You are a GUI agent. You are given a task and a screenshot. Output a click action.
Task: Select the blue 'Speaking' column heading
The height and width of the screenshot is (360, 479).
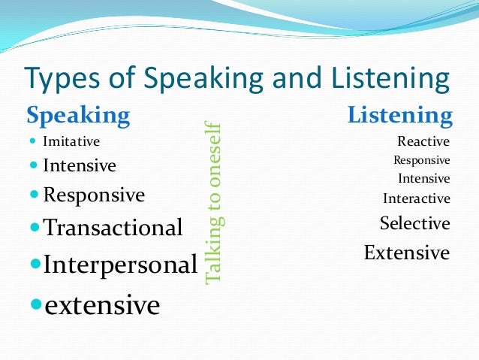pos(78,116)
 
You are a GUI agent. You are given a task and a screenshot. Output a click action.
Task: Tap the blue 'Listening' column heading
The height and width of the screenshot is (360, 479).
pos(399,116)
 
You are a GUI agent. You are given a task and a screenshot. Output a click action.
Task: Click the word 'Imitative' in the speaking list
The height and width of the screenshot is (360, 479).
pos(71,141)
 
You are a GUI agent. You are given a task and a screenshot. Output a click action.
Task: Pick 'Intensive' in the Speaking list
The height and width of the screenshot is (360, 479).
pos(80,165)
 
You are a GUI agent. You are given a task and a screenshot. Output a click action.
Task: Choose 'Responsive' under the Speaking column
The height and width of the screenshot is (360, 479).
pos(94,195)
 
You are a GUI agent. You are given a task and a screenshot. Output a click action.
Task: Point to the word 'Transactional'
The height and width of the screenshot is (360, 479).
pos(113,227)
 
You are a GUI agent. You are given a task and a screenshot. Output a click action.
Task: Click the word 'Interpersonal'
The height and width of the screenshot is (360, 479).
pos(120,265)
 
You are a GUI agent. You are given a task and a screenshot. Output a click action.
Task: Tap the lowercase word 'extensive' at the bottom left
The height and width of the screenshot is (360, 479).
pos(102,305)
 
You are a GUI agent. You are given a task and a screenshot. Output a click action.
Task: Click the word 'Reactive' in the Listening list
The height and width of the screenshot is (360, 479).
pos(423,141)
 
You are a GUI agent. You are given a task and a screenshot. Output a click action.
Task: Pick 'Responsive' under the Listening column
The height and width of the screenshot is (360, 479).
pos(421,160)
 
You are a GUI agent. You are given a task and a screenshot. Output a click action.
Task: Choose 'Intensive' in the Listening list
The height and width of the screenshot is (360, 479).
pos(423,179)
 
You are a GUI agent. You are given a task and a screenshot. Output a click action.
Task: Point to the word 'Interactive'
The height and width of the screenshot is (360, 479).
pos(417,199)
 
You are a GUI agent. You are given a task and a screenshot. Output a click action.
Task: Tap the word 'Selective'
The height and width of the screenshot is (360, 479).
pos(414,224)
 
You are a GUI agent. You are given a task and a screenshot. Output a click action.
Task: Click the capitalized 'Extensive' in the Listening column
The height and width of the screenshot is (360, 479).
pos(406,253)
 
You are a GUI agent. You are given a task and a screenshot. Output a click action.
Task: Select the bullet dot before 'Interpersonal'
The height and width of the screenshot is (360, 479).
pos(35,265)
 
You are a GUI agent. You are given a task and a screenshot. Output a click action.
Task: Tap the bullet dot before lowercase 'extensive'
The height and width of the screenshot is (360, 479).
pos(36,305)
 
